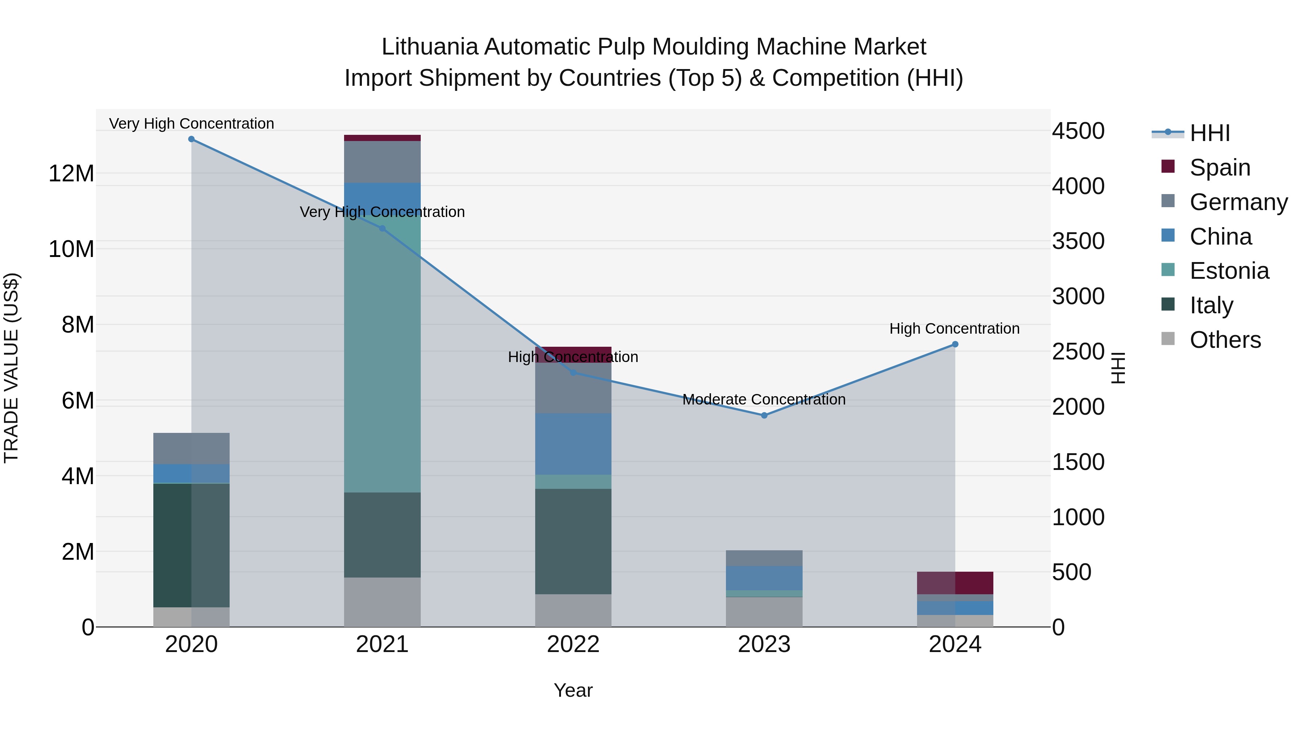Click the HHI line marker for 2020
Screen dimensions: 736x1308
[191, 139]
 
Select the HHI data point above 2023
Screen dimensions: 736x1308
[764, 415]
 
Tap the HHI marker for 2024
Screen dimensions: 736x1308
[955, 345]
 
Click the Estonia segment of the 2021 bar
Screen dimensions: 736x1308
[382, 355]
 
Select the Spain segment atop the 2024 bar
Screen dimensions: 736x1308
[955, 583]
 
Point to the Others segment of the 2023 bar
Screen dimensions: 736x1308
[764, 612]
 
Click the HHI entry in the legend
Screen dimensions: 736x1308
[1210, 133]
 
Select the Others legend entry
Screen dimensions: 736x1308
[1225, 340]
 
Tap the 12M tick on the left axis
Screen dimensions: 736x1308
[71, 174]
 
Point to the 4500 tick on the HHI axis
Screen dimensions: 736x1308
[1078, 131]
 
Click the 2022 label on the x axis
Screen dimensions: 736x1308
[573, 644]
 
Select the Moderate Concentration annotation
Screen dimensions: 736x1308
[764, 400]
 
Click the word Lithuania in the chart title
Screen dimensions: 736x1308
[429, 47]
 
